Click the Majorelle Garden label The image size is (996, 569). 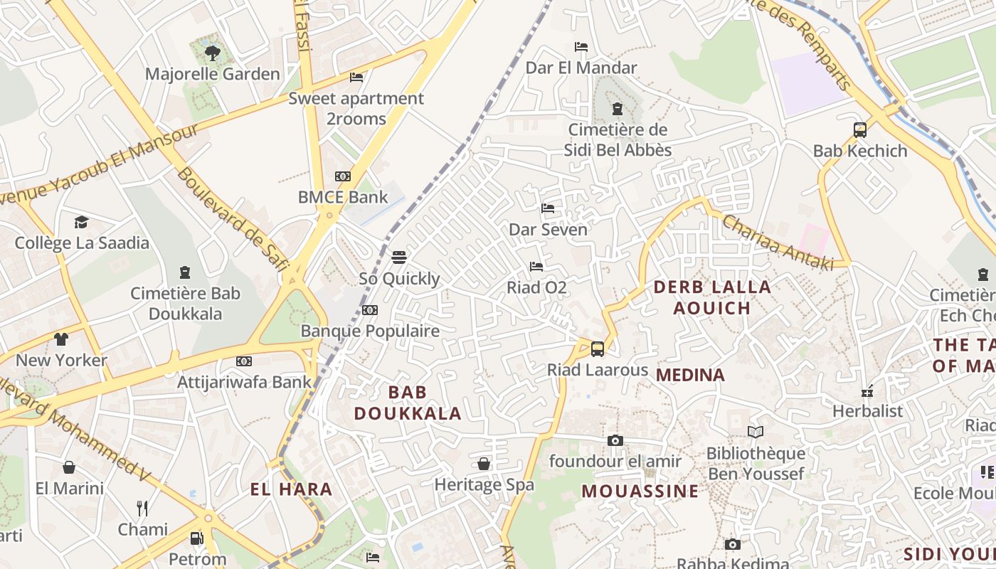point(212,74)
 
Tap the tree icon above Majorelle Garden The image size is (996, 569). point(212,52)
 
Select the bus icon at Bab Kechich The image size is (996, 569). point(860,130)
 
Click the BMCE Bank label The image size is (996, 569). point(343,197)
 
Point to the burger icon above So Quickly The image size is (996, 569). point(398,257)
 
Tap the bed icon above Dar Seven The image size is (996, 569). point(548,208)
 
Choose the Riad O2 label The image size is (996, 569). point(536,287)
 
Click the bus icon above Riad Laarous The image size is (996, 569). point(598,349)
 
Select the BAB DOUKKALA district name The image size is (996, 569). point(408,403)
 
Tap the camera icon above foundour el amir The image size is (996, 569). point(615,440)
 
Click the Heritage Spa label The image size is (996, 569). point(484,485)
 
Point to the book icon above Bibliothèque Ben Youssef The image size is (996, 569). point(756,432)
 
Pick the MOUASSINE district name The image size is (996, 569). point(640,491)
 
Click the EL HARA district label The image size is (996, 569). point(292,489)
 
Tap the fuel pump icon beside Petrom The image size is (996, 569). point(197,538)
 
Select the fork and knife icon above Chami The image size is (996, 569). point(142,508)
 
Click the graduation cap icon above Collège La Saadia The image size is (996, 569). point(82,222)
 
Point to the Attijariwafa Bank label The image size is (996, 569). point(244,382)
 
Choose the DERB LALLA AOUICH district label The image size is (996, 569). point(711,297)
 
